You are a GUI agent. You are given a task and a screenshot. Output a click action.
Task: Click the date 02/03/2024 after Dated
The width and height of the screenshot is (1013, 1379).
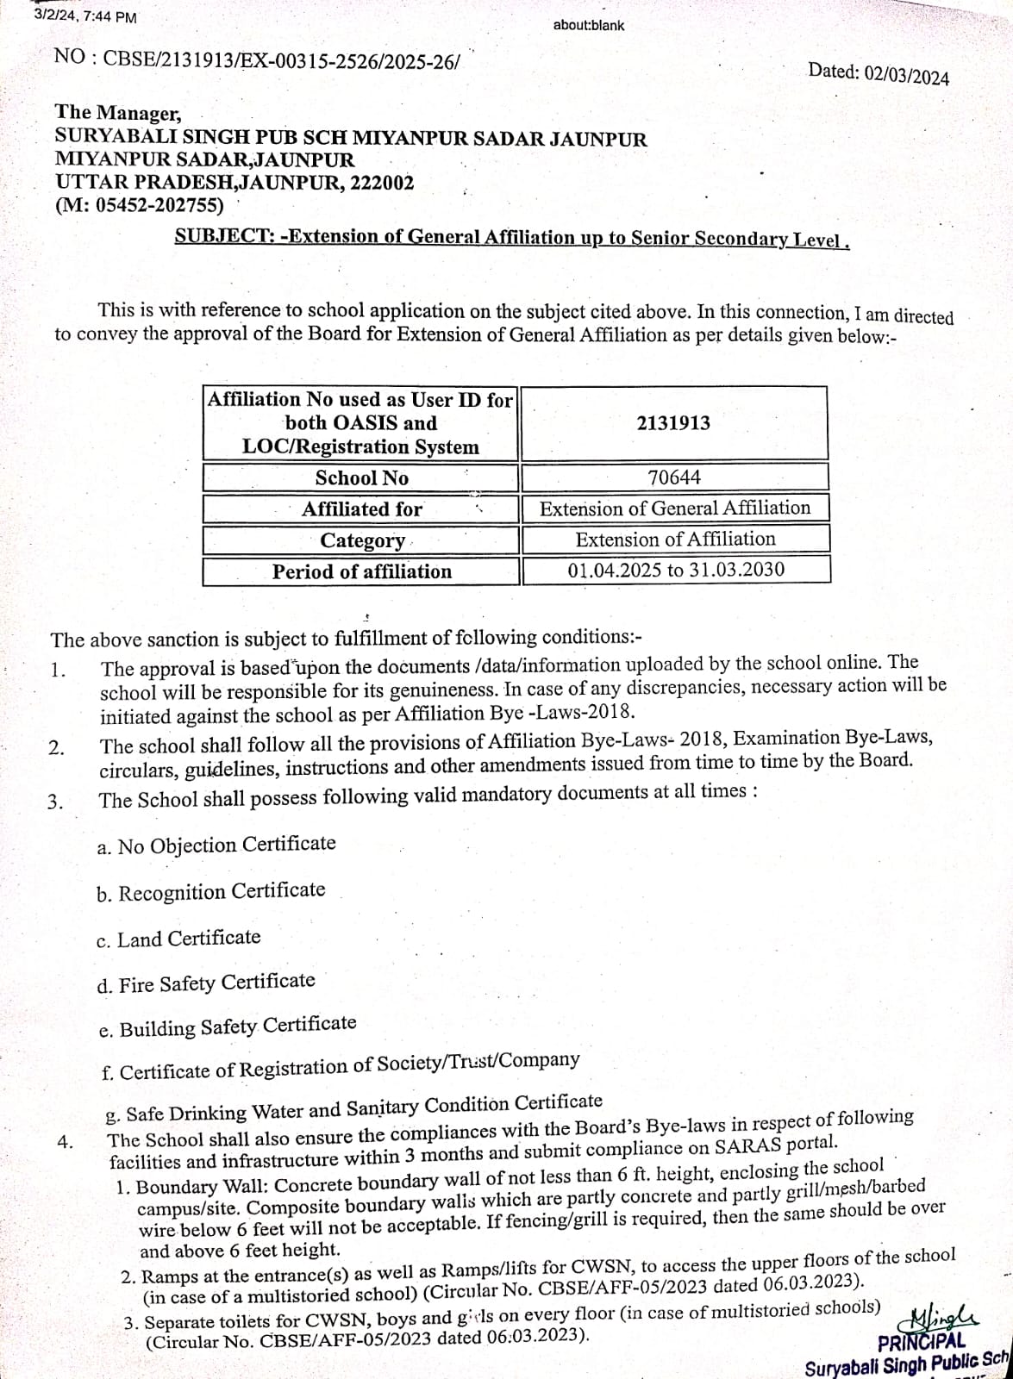click(x=906, y=76)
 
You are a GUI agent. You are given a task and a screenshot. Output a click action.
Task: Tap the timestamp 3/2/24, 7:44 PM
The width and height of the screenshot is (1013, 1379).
click(x=84, y=16)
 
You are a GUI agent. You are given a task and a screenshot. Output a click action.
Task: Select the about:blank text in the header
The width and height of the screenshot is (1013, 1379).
click(x=589, y=25)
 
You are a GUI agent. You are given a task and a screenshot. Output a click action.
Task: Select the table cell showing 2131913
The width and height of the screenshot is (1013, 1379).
click(x=673, y=423)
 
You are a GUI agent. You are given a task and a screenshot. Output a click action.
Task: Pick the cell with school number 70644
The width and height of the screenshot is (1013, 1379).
click(x=674, y=477)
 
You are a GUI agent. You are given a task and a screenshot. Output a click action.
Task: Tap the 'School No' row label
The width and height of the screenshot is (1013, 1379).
click(x=361, y=478)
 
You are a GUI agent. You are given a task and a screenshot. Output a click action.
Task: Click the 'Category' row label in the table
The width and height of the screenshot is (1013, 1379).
click(x=362, y=540)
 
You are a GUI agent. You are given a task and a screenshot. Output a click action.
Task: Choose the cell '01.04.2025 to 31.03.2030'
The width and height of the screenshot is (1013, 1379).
click(x=676, y=570)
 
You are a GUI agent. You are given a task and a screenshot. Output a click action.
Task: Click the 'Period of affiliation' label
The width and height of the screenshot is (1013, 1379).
click(x=362, y=571)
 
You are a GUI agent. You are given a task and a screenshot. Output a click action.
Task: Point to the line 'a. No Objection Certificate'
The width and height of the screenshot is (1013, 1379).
click(x=216, y=845)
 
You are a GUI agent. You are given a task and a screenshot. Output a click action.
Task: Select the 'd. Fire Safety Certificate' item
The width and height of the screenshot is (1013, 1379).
click(x=206, y=983)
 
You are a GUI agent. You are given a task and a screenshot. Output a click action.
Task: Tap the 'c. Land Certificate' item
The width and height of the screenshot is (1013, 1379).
click(x=178, y=939)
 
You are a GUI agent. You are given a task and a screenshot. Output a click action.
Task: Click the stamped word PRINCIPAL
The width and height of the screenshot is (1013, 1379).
click(x=921, y=1343)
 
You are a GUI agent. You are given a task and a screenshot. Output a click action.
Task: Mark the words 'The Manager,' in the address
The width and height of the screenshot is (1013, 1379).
click(x=118, y=113)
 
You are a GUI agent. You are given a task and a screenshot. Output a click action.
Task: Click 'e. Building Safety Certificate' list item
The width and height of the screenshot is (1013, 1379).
click(x=227, y=1026)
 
